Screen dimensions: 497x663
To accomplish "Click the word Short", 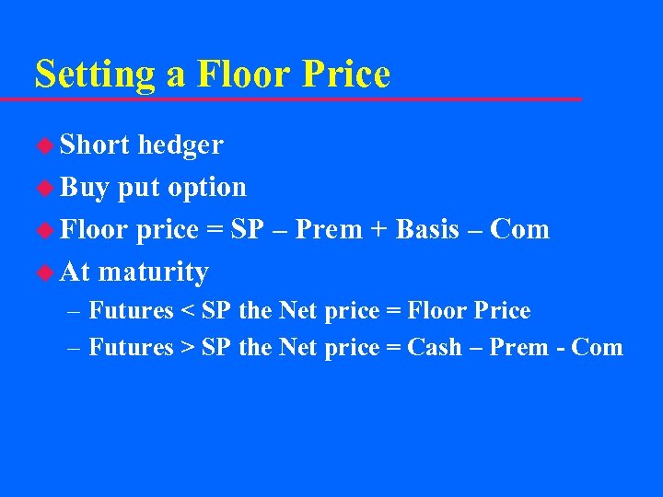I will (95, 144).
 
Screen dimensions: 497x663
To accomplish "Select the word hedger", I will (180, 144).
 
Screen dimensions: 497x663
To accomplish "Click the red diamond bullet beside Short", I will (43, 145).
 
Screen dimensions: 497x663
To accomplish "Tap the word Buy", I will (84, 187).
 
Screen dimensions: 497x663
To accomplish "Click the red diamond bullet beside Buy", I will (43, 188).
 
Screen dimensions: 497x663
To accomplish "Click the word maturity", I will (154, 272).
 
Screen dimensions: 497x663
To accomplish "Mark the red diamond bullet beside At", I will (43, 272).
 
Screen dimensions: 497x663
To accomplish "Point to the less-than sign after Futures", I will (187, 311).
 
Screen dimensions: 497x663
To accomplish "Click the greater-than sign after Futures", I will (187, 347).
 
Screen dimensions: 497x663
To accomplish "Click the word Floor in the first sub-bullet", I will (438, 311).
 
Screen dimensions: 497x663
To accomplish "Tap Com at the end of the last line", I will (597, 347).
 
